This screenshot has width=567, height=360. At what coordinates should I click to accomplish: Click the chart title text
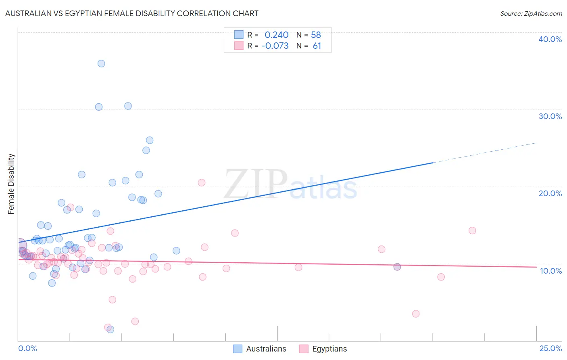pyautogui.click(x=132, y=13)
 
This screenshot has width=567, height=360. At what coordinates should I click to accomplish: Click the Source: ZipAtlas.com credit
pyautogui.click(x=531, y=13)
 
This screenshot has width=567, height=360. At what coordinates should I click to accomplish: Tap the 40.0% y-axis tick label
pyautogui.click(x=550, y=39)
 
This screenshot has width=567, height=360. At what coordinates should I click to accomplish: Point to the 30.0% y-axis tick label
pyautogui.click(x=550, y=116)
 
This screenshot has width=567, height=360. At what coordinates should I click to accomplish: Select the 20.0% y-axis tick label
pyautogui.click(x=550, y=193)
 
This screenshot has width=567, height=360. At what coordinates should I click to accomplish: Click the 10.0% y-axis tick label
pyautogui.click(x=550, y=271)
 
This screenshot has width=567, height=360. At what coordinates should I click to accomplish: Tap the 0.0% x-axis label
pyautogui.click(x=27, y=348)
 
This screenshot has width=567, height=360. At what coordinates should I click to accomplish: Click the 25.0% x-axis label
pyautogui.click(x=550, y=348)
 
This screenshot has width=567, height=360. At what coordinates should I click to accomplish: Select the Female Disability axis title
pyautogui.click(x=11, y=184)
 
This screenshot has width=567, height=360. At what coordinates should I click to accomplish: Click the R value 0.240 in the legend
pyautogui.click(x=276, y=35)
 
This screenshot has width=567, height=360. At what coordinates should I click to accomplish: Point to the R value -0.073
pyautogui.click(x=275, y=46)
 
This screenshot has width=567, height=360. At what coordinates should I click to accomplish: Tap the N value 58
pyautogui.click(x=316, y=35)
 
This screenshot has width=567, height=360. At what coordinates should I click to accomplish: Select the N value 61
pyautogui.click(x=317, y=46)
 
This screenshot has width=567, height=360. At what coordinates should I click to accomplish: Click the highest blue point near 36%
pyautogui.click(x=101, y=63)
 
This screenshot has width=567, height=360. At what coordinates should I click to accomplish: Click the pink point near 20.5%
pyautogui.click(x=202, y=182)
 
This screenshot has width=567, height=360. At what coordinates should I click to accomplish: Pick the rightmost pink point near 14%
pyautogui.click(x=472, y=230)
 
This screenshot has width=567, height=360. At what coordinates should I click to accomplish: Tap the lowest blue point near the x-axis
pyautogui.click(x=110, y=329)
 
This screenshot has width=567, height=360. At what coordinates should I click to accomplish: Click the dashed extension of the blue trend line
pyautogui.click(x=484, y=153)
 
